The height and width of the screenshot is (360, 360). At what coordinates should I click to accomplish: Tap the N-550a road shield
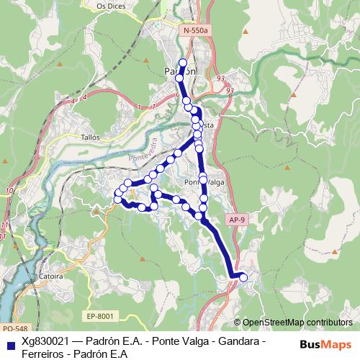pyautogui.click(x=195, y=32)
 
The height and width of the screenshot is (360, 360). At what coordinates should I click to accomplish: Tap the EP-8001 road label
pyautogui.click(x=100, y=315)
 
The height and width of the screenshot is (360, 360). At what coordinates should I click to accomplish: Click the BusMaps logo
pyautogui.click(x=325, y=345)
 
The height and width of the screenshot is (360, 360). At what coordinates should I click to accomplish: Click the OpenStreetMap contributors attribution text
pyautogui.click(x=297, y=323)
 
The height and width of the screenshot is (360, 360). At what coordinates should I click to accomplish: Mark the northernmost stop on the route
pyautogui.click(x=183, y=63)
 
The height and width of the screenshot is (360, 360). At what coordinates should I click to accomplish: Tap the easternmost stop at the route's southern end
pyautogui.click(x=243, y=277)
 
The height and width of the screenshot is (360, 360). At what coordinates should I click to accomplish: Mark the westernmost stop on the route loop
pyautogui.click(x=117, y=194)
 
